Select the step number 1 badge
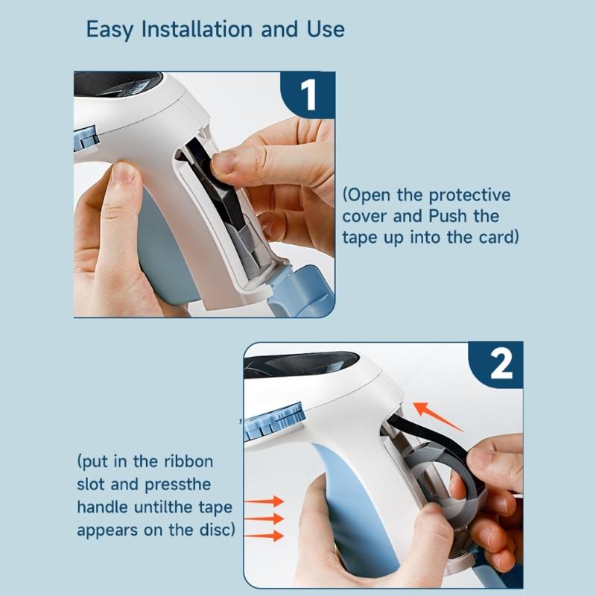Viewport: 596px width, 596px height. (308, 95)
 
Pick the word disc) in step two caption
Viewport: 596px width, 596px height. (216, 530)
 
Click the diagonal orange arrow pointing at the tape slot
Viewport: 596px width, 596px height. (438, 416)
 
